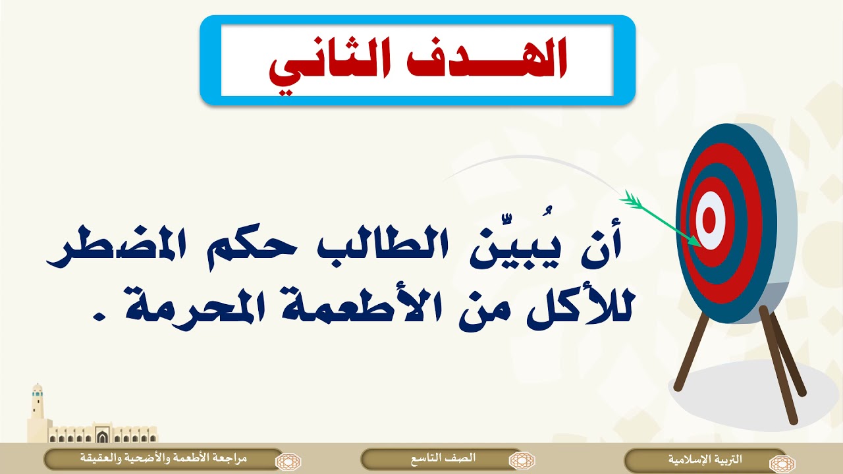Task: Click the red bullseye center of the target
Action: pos(709,220)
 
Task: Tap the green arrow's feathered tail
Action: pos(631,199)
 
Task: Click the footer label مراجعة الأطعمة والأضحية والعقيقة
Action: pos(164,458)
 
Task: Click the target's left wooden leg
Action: pos(692,353)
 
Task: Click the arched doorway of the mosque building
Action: pos(101,436)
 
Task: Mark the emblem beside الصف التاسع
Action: pos(522,460)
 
